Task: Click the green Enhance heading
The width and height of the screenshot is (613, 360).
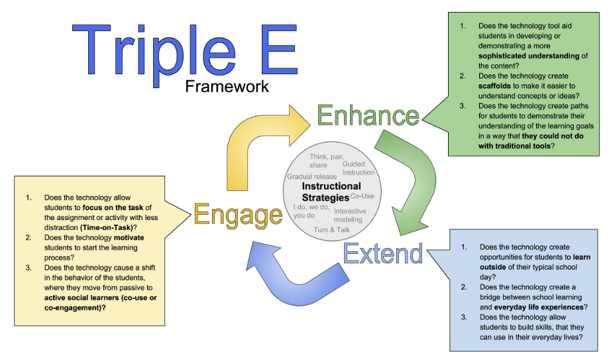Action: [x=368, y=115]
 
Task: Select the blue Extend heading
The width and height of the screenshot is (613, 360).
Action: [x=382, y=254]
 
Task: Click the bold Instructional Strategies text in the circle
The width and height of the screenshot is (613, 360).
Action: [x=331, y=192]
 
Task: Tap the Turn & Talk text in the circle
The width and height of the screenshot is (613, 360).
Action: [x=331, y=229]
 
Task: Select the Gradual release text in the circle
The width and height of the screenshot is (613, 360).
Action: [x=312, y=176]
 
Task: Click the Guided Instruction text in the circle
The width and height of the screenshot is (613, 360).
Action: [x=353, y=168]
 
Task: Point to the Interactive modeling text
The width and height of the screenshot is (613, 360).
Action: [x=348, y=215]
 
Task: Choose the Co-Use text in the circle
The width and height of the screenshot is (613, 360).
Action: [x=362, y=196]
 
